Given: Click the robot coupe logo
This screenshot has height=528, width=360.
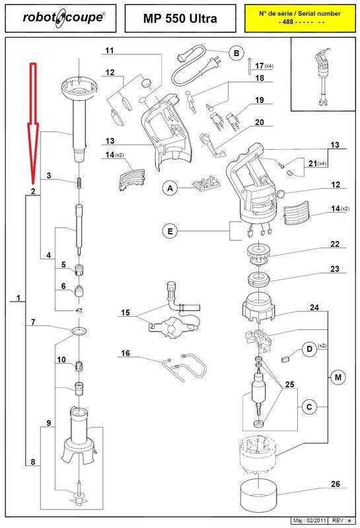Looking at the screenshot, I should tap(59, 16).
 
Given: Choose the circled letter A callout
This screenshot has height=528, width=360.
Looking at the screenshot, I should tap(170, 188).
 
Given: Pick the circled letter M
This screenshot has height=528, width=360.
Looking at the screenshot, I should tap(338, 378).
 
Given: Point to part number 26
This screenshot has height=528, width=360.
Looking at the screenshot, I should tap(336, 484).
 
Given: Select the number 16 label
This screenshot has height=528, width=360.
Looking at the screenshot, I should tap(125, 354).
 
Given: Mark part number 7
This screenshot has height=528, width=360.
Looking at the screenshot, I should tap(30, 322).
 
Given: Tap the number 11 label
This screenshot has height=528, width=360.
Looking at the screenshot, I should tap(109, 51).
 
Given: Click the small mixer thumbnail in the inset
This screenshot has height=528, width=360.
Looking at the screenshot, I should tap(322, 77).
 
